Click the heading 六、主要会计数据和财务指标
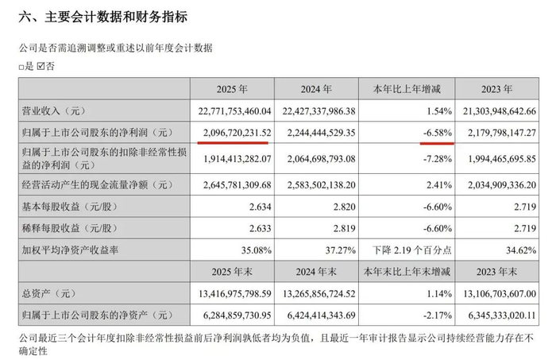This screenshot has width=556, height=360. (x=102, y=17)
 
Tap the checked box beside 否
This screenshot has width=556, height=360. (x=41, y=66)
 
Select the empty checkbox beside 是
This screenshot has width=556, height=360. (x=21, y=67)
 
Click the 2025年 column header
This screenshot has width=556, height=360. (x=232, y=89)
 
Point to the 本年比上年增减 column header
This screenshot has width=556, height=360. (x=407, y=89)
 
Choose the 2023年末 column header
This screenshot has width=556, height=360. (x=496, y=272)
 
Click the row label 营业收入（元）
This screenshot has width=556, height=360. (x=54, y=111)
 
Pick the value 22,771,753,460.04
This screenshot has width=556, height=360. (x=234, y=111)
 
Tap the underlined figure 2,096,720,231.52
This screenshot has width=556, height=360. (x=237, y=133)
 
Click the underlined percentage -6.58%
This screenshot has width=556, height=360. (x=438, y=133)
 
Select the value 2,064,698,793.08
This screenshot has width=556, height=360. (x=321, y=159)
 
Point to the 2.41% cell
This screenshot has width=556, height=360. (x=438, y=185)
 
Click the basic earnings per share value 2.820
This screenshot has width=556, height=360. (x=344, y=207)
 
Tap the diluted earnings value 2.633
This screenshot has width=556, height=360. (x=260, y=228)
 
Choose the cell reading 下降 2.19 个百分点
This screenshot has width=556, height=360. (x=412, y=250)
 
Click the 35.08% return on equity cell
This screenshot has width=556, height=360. (x=256, y=250)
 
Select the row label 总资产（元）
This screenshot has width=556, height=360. (x=49, y=294)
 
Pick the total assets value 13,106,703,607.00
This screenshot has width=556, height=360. (x=500, y=294)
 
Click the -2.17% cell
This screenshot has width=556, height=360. (x=438, y=315)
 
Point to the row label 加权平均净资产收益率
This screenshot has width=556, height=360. (x=70, y=250)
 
